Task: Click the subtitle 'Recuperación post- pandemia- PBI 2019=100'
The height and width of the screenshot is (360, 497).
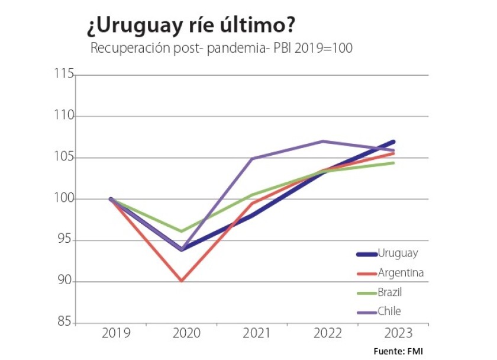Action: (x=221, y=49)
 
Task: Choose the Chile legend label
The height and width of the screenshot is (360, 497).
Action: (x=390, y=311)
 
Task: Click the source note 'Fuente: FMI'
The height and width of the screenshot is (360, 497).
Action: (x=398, y=351)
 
